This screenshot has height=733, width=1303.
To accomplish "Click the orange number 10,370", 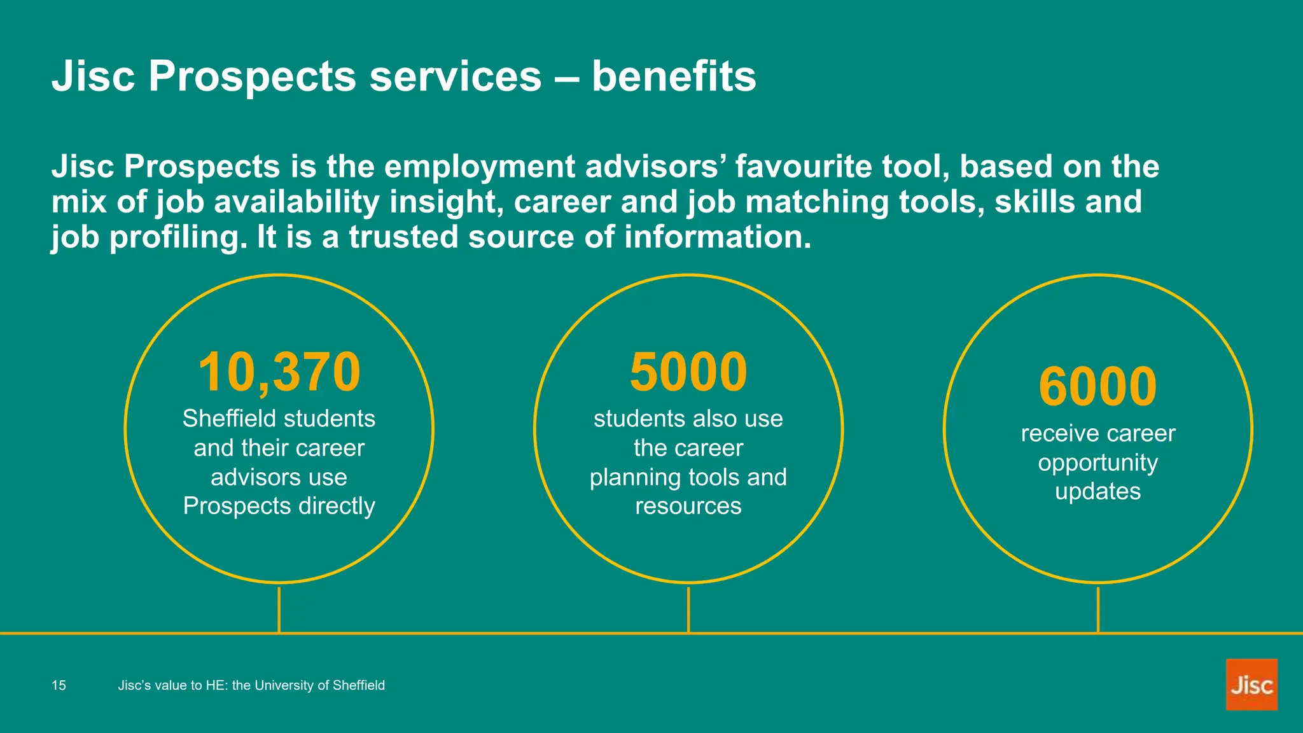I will coord(279,372).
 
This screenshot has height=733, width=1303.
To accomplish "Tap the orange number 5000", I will coord(688,372).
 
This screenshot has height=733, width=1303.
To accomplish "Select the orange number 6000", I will coord(1097,386).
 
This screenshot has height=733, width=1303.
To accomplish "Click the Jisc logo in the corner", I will coord(1251,685).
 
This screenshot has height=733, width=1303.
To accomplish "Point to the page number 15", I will coord(59,685).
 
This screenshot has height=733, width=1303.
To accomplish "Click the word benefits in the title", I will coord(674,76).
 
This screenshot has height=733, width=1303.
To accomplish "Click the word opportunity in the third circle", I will coord(1097,463).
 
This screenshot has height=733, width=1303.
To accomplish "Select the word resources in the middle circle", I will coord(688,506).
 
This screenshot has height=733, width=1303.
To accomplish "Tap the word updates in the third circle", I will coord(1097,492).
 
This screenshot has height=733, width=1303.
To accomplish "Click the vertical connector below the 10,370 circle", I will coord(279,610).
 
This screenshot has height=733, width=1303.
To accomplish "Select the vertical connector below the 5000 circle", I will coord(688,610).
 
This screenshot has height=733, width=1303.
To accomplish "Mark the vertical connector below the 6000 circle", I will coord(1097,610).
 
